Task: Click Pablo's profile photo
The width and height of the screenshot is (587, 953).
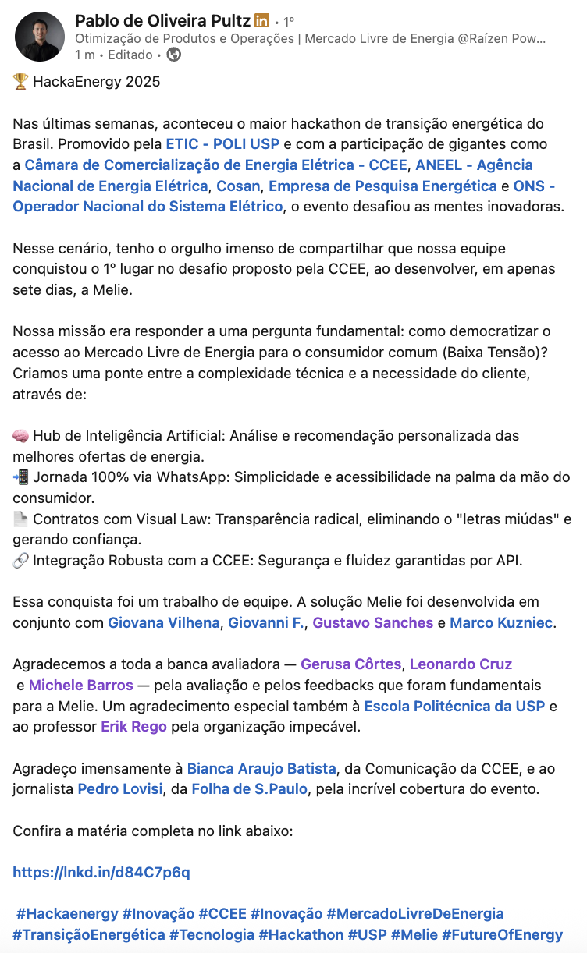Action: [x=40, y=37]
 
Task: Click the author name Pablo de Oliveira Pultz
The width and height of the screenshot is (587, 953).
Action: [x=163, y=20]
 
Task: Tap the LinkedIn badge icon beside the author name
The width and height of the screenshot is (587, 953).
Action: [x=262, y=20]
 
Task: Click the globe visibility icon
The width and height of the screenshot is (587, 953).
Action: [x=174, y=55]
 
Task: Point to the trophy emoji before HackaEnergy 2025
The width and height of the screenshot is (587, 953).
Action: [x=20, y=82]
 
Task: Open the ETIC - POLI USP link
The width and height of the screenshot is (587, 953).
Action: [x=222, y=144]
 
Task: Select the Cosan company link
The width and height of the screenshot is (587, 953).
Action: [x=238, y=186]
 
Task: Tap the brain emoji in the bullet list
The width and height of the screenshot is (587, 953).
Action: [x=21, y=435]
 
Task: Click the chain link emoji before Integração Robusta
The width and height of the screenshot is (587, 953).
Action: [x=21, y=560]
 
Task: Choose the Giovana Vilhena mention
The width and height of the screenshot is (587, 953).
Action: [x=163, y=622]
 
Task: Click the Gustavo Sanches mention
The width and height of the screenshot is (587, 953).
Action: [x=372, y=622]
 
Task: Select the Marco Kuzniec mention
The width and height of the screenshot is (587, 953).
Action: [x=501, y=622]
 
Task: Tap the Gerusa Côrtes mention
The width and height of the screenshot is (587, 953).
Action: [x=350, y=664]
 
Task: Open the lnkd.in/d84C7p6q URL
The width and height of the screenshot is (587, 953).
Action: [x=101, y=872]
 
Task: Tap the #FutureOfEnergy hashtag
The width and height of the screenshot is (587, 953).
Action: [x=502, y=934]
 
